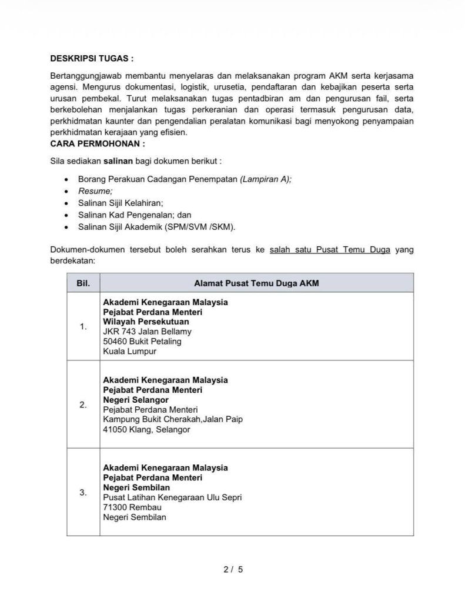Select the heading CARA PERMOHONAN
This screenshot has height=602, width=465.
click(98, 143)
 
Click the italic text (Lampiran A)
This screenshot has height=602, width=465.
click(265, 180)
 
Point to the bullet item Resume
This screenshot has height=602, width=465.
click(95, 191)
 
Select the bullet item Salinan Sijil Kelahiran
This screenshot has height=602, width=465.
click(121, 203)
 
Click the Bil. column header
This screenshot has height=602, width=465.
click(83, 283)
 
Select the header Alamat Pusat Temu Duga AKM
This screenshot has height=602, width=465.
click(256, 283)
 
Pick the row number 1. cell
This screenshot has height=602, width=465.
click(83, 327)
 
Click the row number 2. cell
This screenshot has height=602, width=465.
click(83, 404)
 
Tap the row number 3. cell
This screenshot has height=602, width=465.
click(83, 493)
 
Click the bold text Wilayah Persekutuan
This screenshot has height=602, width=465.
click(146, 322)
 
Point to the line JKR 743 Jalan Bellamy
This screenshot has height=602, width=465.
click(147, 332)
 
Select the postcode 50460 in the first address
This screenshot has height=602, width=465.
click(115, 342)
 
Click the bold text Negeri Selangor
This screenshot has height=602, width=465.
click(136, 400)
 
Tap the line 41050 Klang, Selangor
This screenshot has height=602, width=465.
click(146, 430)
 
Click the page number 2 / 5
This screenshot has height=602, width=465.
click(233, 569)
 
